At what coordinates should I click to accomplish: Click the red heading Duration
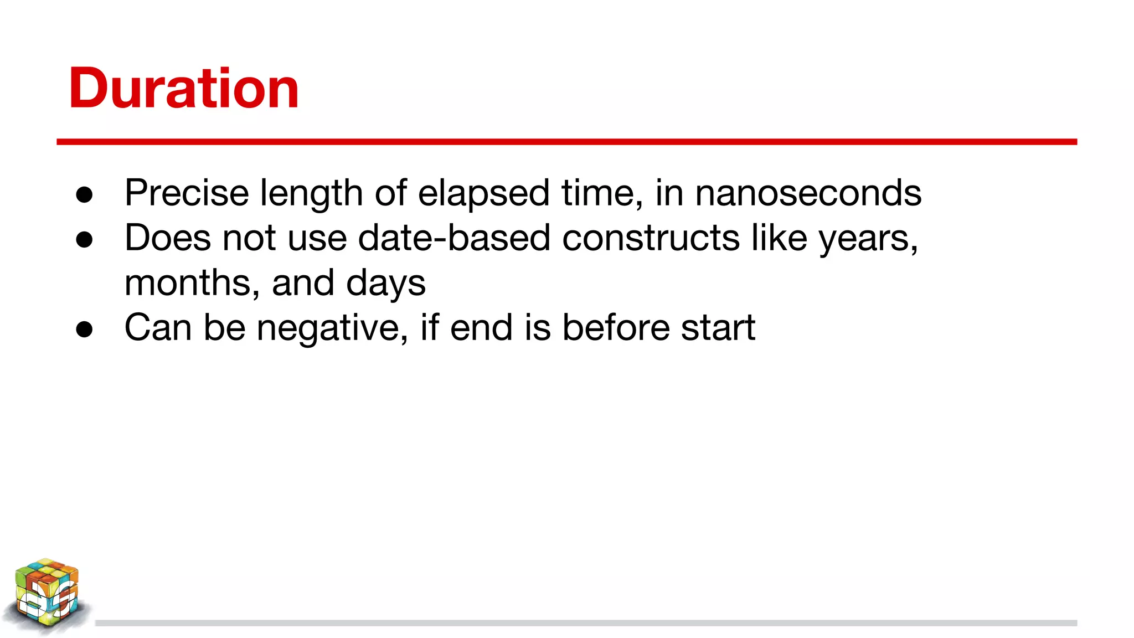(184, 89)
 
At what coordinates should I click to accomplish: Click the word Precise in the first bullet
(187, 193)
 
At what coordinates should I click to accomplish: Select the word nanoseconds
(808, 193)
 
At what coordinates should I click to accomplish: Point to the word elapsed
(483, 193)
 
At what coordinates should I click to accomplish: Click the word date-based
(454, 238)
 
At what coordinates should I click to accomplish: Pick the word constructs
(651, 238)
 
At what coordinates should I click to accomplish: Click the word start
(718, 327)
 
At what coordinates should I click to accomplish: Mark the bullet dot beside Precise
(84, 194)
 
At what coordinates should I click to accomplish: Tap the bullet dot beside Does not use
(84, 240)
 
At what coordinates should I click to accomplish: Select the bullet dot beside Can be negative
(84, 330)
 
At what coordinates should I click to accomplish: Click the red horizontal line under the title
(566, 142)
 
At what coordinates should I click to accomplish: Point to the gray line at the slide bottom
(586, 623)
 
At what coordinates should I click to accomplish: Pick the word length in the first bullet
(312, 194)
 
